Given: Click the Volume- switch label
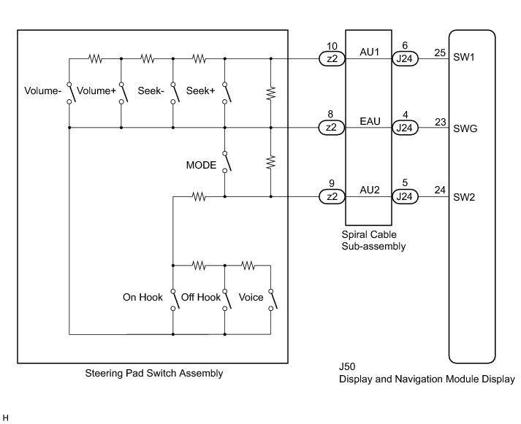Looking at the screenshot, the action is tap(43, 91).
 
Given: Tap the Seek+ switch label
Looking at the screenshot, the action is tap(200, 90).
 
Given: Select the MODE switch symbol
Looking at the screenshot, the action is tap(227, 162).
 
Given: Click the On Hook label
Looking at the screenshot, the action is tap(142, 297).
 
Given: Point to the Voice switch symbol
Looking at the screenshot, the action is tap(273, 300).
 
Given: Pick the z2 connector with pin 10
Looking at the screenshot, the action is tap(332, 58).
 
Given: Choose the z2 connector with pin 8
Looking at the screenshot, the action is tap(332, 128).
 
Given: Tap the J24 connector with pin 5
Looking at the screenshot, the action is tap(405, 197).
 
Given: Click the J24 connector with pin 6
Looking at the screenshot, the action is tap(405, 58).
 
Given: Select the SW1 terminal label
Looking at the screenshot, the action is tap(464, 58).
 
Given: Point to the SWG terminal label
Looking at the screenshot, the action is tap(465, 128).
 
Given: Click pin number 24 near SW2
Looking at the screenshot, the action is tap(440, 190).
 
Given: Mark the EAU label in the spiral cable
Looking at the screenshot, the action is tap(370, 121).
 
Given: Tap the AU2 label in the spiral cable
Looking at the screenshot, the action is tap(370, 190).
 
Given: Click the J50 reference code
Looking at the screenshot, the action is tap(347, 366).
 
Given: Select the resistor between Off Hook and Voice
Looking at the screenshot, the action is tap(248, 266).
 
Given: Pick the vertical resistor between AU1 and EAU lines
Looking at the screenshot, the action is tap(271, 93).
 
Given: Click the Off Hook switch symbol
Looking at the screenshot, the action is tap(227, 300).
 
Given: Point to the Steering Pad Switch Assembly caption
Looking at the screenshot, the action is tap(154, 373).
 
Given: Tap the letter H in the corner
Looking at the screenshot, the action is tap(5, 418).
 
